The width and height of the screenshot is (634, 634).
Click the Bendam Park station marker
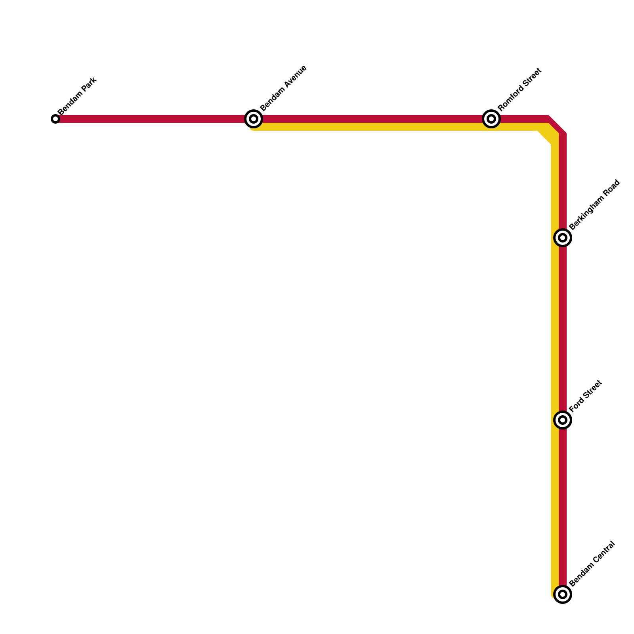tap(55, 119)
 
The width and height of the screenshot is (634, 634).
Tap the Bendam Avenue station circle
tap(254, 119)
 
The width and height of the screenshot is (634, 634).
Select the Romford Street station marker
tap(491, 119)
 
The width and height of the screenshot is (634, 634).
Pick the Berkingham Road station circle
tap(563, 238)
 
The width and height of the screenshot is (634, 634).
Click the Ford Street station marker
tap(563, 420)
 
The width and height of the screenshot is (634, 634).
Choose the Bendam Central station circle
tap(563, 594)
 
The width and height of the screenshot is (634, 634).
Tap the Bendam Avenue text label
tap(283, 88)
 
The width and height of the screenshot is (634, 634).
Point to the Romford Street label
tap(519, 90)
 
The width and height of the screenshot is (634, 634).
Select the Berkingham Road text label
tap(594, 204)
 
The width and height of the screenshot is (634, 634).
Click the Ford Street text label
tap(586, 396)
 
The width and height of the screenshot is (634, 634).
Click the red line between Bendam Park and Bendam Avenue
tap(155, 119)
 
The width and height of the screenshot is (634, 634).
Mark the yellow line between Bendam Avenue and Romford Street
tap(372, 127)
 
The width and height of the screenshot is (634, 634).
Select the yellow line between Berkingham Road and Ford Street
tap(555, 329)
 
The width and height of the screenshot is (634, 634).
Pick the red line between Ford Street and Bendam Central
tap(563, 507)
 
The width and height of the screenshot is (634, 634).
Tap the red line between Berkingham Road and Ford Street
tap(563, 329)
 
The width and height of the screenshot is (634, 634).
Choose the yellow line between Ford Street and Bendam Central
tap(555, 507)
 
